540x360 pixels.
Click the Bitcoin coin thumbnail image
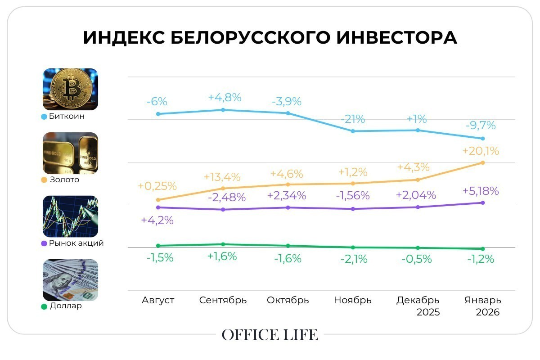tap(70, 89)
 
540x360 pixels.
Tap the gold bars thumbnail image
tap(70, 153)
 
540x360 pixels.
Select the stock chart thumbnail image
tap(70, 216)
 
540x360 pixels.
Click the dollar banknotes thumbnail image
tap(70, 280)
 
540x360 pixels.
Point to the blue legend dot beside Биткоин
tap(44, 117)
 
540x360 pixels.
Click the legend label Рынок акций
tap(76, 243)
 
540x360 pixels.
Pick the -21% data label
tap(353, 119)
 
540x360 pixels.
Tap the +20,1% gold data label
tap(481, 151)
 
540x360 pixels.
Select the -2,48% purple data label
tap(227, 197)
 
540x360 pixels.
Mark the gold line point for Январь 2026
tap(482, 162)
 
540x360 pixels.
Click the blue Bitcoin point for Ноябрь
tap(353, 131)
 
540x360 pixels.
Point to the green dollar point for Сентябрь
tap(223, 244)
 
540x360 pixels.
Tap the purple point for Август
tap(158, 207)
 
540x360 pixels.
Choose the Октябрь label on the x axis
tap(288, 300)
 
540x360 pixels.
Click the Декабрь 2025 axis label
tap(418, 306)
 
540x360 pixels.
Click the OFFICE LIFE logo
tap(270, 335)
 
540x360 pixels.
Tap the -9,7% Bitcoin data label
tap(481, 126)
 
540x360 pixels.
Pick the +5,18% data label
tap(481, 191)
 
